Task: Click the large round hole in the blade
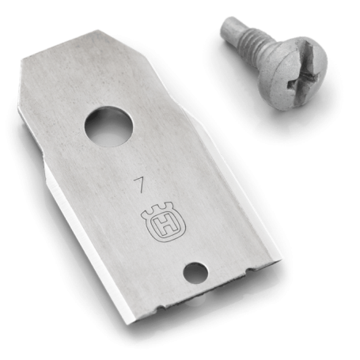click(x=108, y=126)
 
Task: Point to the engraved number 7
click(x=140, y=185)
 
